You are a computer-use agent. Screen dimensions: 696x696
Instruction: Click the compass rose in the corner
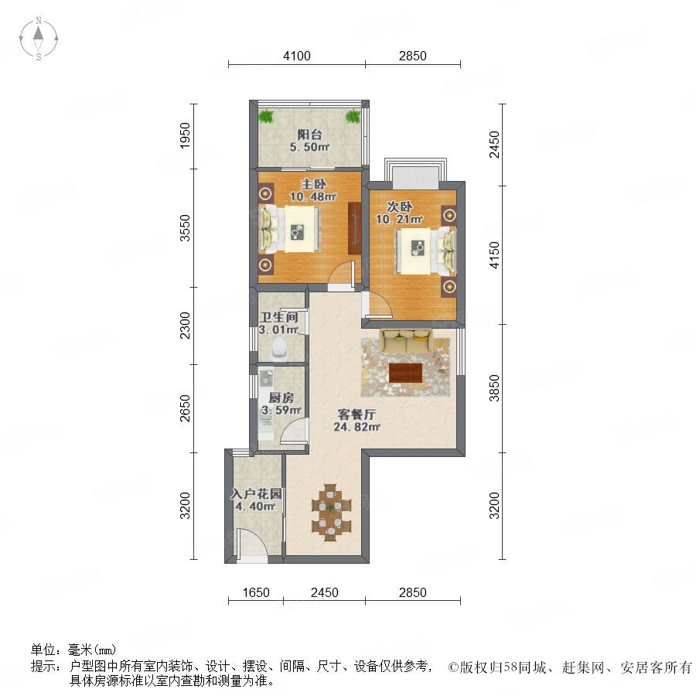[x=39, y=39]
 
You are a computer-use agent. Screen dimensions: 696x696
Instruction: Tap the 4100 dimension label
[x=297, y=56]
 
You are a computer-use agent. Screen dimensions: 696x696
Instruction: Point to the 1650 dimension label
[x=256, y=592]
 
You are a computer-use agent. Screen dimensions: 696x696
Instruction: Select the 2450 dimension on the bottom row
[x=325, y=592]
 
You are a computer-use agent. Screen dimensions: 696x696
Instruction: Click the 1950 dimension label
[x=185, y=135]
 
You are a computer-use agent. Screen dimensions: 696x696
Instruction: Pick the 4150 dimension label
[x=494, y=254]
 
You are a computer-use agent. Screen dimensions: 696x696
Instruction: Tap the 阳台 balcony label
[x=309, y=135]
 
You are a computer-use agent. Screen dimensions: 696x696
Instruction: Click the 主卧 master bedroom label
[x=313, y=184]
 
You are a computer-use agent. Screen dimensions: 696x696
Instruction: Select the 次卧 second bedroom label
[x=400, y=206]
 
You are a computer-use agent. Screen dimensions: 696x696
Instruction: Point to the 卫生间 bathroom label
[x=278, y=317]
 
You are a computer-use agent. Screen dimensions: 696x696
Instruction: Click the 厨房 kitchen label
[x=281, y=397]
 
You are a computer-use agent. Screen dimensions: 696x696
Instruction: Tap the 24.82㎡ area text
[x=357, y=427]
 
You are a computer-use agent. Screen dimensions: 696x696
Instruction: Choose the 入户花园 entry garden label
[x=256, y=493]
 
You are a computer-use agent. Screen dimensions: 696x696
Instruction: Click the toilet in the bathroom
[x=279, y=350]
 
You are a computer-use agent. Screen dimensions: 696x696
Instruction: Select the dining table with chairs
[x=331, y=513]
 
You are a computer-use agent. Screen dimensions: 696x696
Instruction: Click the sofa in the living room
[x=406, y=340]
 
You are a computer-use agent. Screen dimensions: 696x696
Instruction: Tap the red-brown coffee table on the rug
[x=406, y=373]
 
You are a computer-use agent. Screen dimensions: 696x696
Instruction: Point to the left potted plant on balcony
[x=265, y=116]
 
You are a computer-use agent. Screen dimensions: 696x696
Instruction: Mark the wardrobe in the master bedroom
[x=355, y=228]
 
